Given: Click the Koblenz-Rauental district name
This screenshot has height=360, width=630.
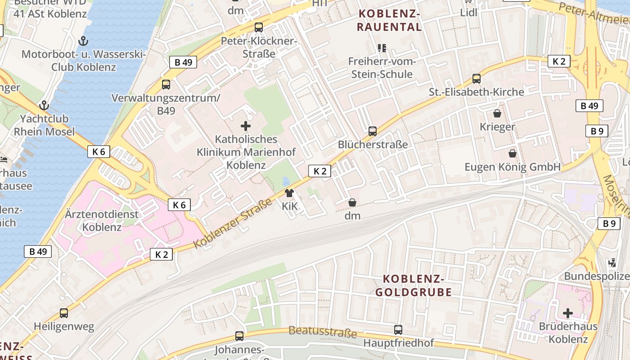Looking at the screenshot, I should point(389,21).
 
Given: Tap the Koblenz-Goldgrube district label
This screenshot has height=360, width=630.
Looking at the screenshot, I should point(414,285).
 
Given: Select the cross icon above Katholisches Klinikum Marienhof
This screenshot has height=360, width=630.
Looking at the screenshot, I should point(246,126).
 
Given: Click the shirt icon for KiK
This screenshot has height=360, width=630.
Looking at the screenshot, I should point(289,193).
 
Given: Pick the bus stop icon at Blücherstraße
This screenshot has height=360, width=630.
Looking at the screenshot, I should point(373,131).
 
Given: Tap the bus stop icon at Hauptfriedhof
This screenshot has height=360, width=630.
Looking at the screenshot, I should point(398,330).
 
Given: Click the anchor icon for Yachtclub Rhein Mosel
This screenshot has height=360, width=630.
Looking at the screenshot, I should point(44,106).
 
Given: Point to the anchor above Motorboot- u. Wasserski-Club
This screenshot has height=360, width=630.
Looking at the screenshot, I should point(83,41).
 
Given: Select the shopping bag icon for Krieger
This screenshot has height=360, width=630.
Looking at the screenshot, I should point(497,113).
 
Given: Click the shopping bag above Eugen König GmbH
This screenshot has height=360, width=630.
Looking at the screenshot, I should point(512,154).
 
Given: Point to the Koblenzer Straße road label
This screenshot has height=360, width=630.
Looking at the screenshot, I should point(233,223).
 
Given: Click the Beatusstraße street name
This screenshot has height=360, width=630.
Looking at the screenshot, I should point(322,332).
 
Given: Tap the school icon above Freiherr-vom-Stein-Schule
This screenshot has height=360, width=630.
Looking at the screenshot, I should point(382,48).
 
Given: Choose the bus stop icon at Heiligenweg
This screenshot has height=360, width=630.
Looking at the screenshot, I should point(64,313).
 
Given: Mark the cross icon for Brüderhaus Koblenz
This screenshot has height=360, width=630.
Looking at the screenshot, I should point(568,313).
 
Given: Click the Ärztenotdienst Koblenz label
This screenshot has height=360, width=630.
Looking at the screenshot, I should point(102,220).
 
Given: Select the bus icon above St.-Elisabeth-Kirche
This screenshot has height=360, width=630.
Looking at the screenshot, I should point(477,79).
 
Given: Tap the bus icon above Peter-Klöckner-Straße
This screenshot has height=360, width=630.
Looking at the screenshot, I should point(259,27).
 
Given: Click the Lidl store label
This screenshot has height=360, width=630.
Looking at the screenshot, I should point(468,13).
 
